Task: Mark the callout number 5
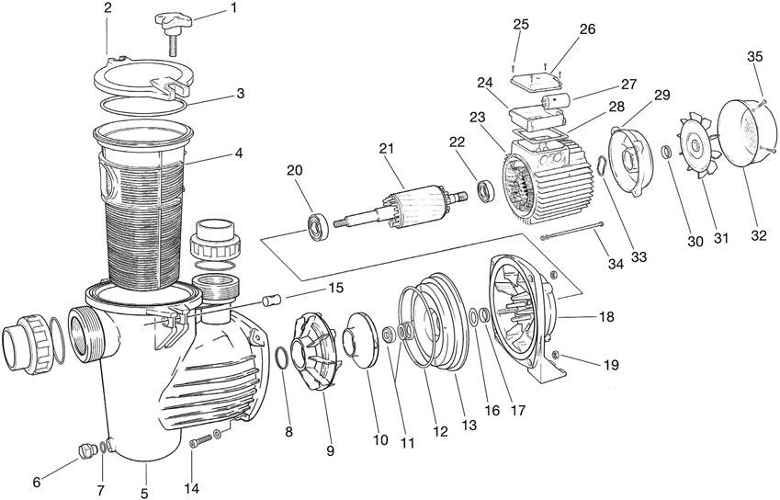[145, 494]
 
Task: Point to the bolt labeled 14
[203, 442]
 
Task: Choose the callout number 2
[107, 7]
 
